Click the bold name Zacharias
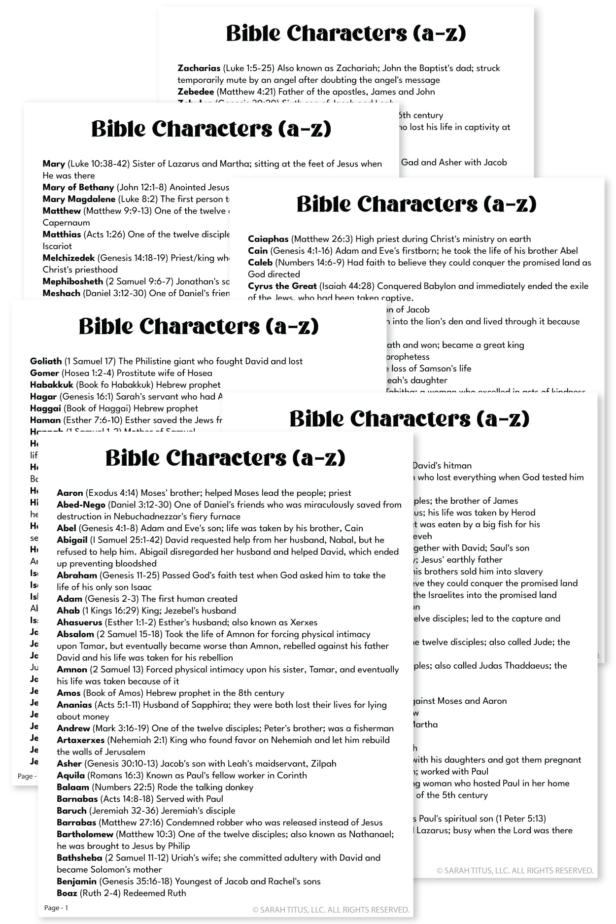tap(199, 68)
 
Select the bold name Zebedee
tap(196, 92)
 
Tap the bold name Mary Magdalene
tap(79, 199)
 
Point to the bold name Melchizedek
tap(68, 258)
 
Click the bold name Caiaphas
tap(268, 239)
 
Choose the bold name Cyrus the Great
tap(282, 286)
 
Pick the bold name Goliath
tap(46, 361)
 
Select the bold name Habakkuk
tap(51, 385)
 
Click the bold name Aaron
tap(70, 493)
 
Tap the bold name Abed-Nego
tap(81, 505)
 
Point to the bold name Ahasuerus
tap(79, 622)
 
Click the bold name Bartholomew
tap(85, 834)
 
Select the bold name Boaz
tap(67, 893)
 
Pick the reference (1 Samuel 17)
tap(90, 361)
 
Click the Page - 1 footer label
tap(56, 908)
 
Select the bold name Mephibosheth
tap(73, 281)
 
